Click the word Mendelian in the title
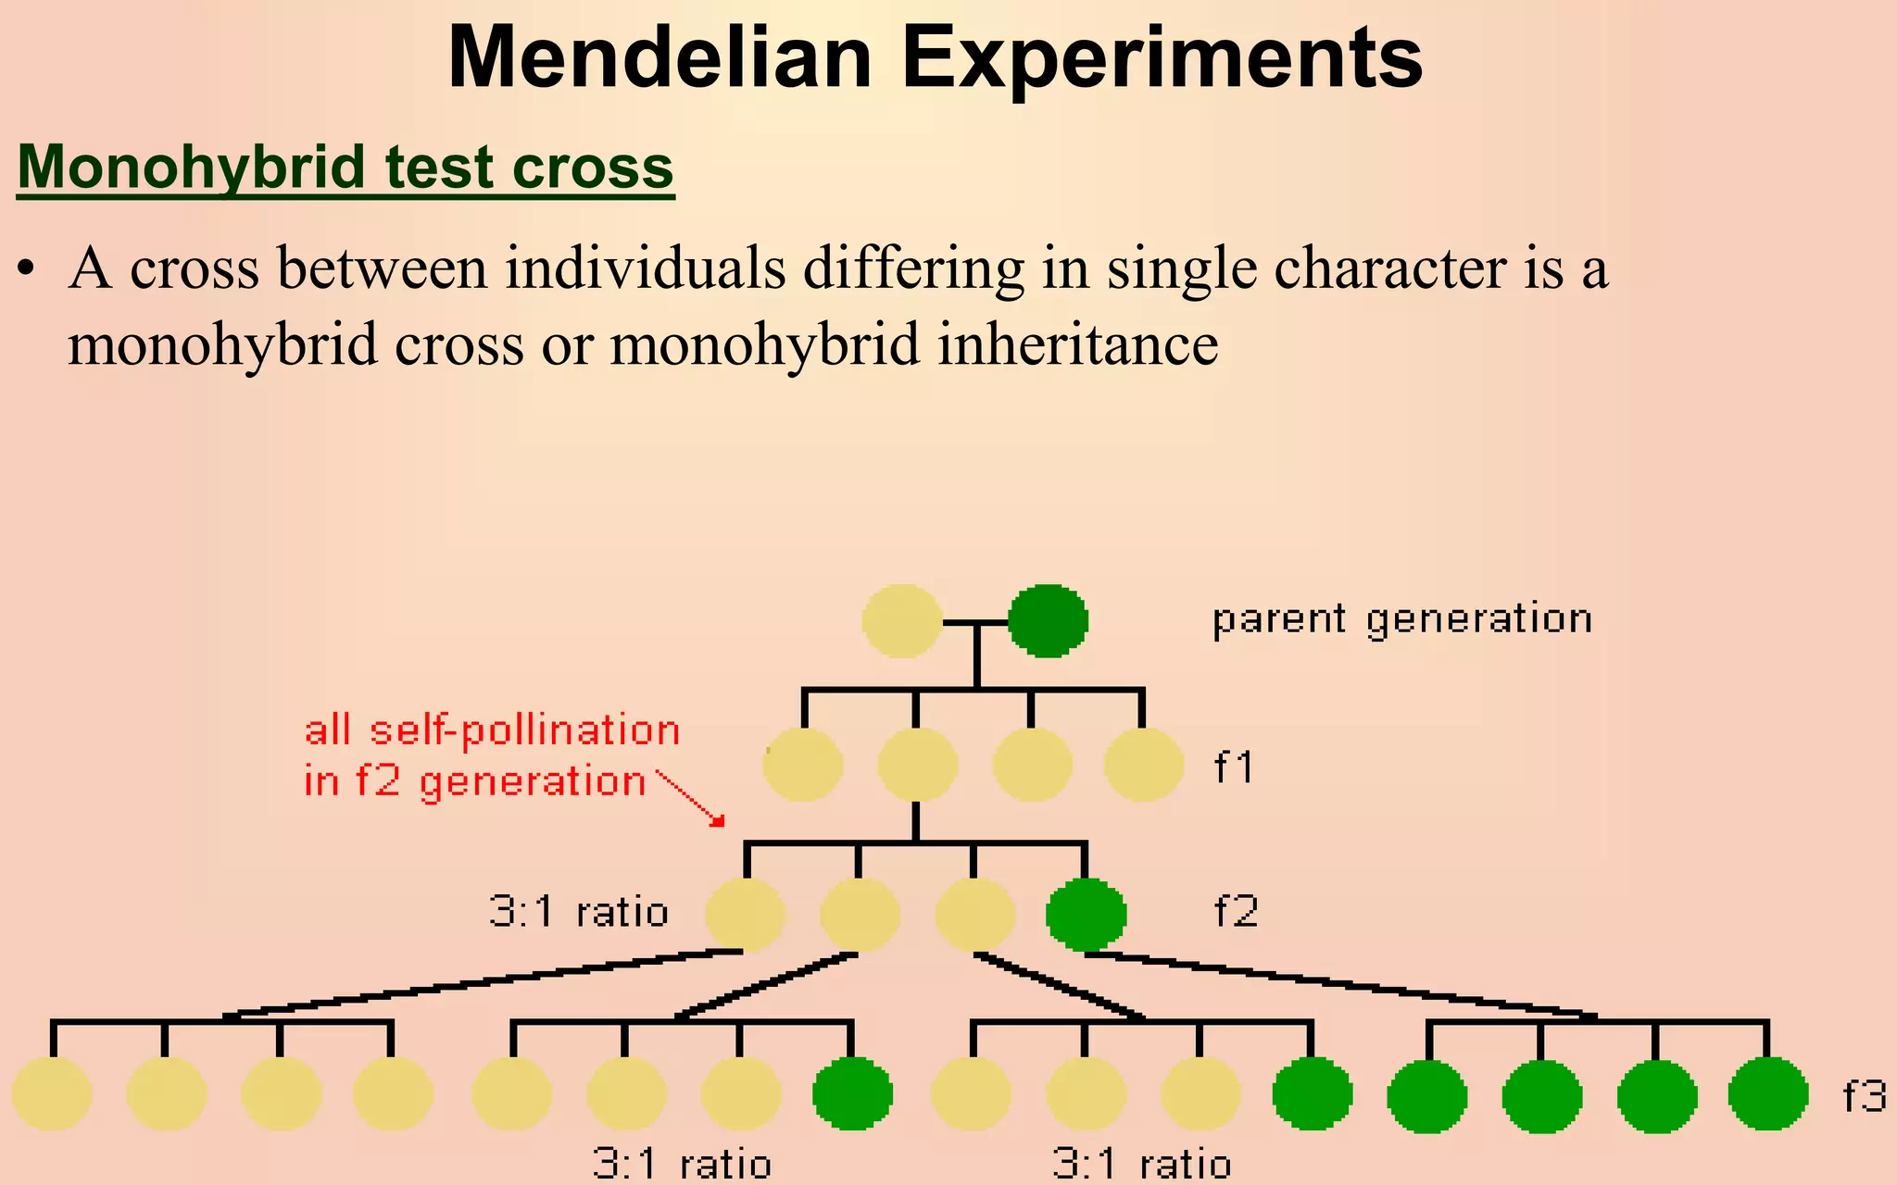click(x=660, y=57)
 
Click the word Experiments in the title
click(x=1162, y=57)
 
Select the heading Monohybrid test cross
click(x=345, y=168)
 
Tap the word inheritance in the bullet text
click(x=1077, y=344)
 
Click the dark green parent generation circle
click(x=1048, y=621)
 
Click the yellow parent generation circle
click(x=902, y=621)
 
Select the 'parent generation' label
click(x=1401, y=618)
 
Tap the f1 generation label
click(x=1234, y=767)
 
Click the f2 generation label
click(x=1236, y=912)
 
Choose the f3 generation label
click(x=1864, y=1096)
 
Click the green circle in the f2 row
click(x=1086, y=915)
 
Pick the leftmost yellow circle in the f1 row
click(x=803, y=765)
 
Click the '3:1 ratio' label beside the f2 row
click(x=578, y=913)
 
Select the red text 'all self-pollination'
click(x=492, y=730)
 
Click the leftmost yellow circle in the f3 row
click(x=52, y=1094)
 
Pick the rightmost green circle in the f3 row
click(x=1767, y=1094)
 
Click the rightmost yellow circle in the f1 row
click(x=1144, y=765)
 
